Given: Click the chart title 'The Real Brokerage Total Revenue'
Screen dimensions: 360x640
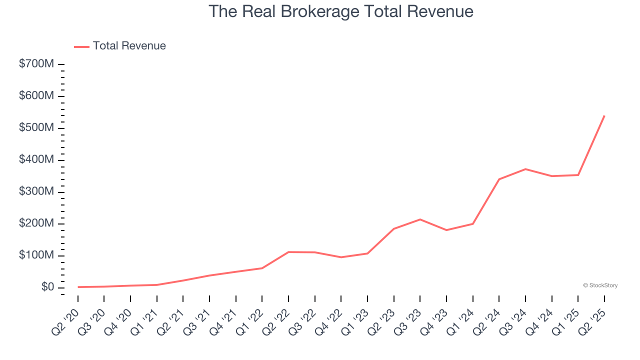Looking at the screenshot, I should [340, 11].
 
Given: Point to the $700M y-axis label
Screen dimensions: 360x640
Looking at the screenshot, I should [36, 64].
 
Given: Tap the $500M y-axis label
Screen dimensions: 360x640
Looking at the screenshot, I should [36, 128].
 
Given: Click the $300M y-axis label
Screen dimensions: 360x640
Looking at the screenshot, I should [36, 192].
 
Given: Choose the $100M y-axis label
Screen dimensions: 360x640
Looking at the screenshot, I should [36, 255].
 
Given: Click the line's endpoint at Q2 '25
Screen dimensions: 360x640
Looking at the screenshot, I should [604, 115].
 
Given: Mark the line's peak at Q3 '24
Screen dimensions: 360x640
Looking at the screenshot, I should [525, 169].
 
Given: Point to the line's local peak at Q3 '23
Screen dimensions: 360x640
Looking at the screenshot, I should [420, 219].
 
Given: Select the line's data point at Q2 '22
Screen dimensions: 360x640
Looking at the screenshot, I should [288, 252].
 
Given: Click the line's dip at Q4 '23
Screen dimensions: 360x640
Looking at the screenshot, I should [446, 230].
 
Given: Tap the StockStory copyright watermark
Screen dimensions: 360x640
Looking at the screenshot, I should [600, 285].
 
